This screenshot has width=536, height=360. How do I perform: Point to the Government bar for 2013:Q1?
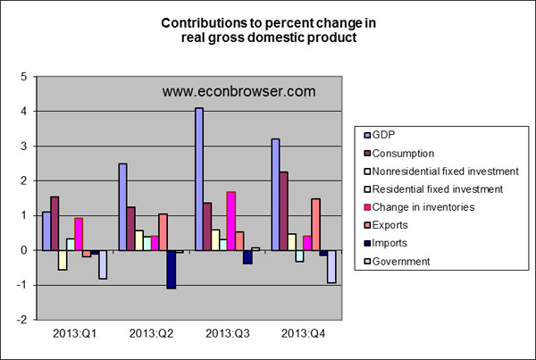(x=103, y=264)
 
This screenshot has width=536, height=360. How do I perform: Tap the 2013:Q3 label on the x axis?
(x=229, y=335)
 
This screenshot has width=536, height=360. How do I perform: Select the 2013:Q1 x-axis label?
(x=75, y=335)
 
